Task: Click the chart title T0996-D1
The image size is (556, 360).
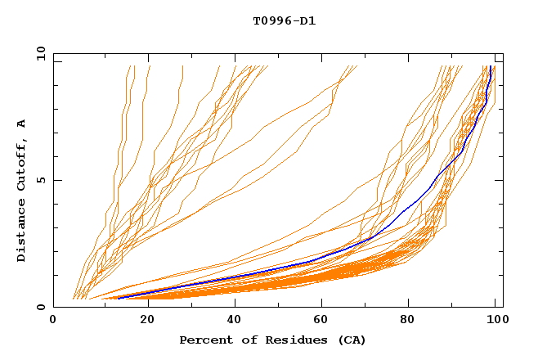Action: [284, 20]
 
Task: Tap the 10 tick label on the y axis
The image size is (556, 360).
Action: [39, 53]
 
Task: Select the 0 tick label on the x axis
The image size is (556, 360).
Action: [53, 320]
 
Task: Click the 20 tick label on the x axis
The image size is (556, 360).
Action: [143, 320]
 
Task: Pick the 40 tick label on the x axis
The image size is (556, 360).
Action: [232, 320]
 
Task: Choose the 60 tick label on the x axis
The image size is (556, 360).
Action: [321, 320]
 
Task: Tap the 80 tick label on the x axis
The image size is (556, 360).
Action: [410, 320]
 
